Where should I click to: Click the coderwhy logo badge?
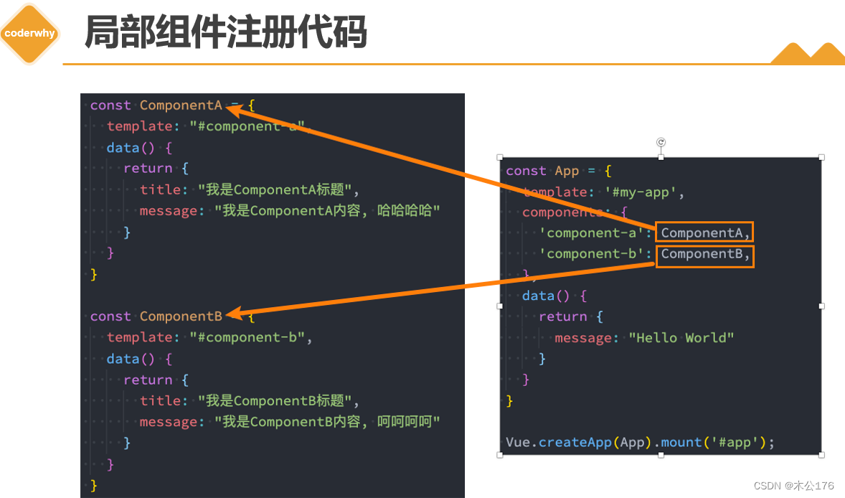point(29,34)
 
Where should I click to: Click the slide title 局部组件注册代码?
point(226,32)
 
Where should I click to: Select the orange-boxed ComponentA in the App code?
point(704,232)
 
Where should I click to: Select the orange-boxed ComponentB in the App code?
point(704,254)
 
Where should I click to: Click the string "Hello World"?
point(681,338)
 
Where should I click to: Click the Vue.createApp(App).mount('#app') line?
point(640,442)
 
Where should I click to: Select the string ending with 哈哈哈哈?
point(326,211)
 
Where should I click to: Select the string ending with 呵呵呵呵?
point(326,422)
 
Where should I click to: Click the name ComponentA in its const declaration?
point(181,105)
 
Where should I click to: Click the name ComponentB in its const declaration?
point(181,316)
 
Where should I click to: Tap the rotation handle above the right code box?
point(661,142)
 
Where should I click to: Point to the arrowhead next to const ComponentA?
point(233,108)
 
